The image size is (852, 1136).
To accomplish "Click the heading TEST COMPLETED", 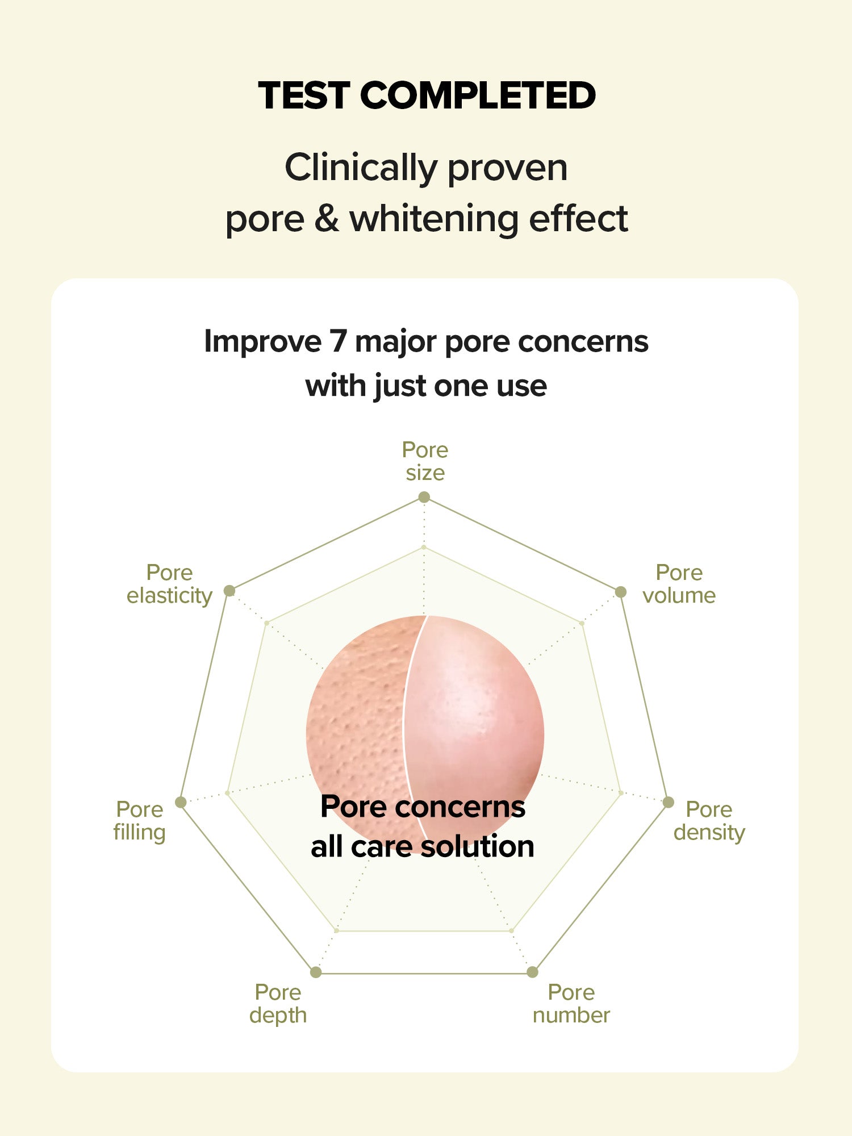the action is (x=427, y=95).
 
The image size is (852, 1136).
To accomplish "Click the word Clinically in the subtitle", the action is (x=361, y=169).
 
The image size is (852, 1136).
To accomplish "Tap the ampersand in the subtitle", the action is (x=327, y=219).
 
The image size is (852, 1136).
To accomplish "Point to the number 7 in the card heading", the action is (x=338, y=342).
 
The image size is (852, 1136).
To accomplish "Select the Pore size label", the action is (x=425, y=461).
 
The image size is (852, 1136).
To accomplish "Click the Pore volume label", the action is (x=679, y=584).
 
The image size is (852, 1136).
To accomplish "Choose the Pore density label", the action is (x=709, y=821).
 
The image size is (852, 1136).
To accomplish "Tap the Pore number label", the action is (x=571, y=1004).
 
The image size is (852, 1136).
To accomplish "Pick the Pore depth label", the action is (x=278, y=1004).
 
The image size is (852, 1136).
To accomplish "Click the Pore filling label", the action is (x=139, y=821).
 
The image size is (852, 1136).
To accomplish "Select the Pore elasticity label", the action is (x=169, y=584).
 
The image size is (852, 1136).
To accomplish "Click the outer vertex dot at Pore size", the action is (x=424, y=498).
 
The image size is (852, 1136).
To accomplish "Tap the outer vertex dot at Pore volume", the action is (x=621, y=592).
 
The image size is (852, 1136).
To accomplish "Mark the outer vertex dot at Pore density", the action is (x=669, y=803).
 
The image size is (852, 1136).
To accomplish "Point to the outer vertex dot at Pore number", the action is (x=532, y=972).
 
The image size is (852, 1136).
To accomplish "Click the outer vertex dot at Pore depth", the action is (x=316, y=972).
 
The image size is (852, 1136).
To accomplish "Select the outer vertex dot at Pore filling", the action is (x=181, y=802).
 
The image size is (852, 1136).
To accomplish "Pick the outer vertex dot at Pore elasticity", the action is (x=229, y=591).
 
